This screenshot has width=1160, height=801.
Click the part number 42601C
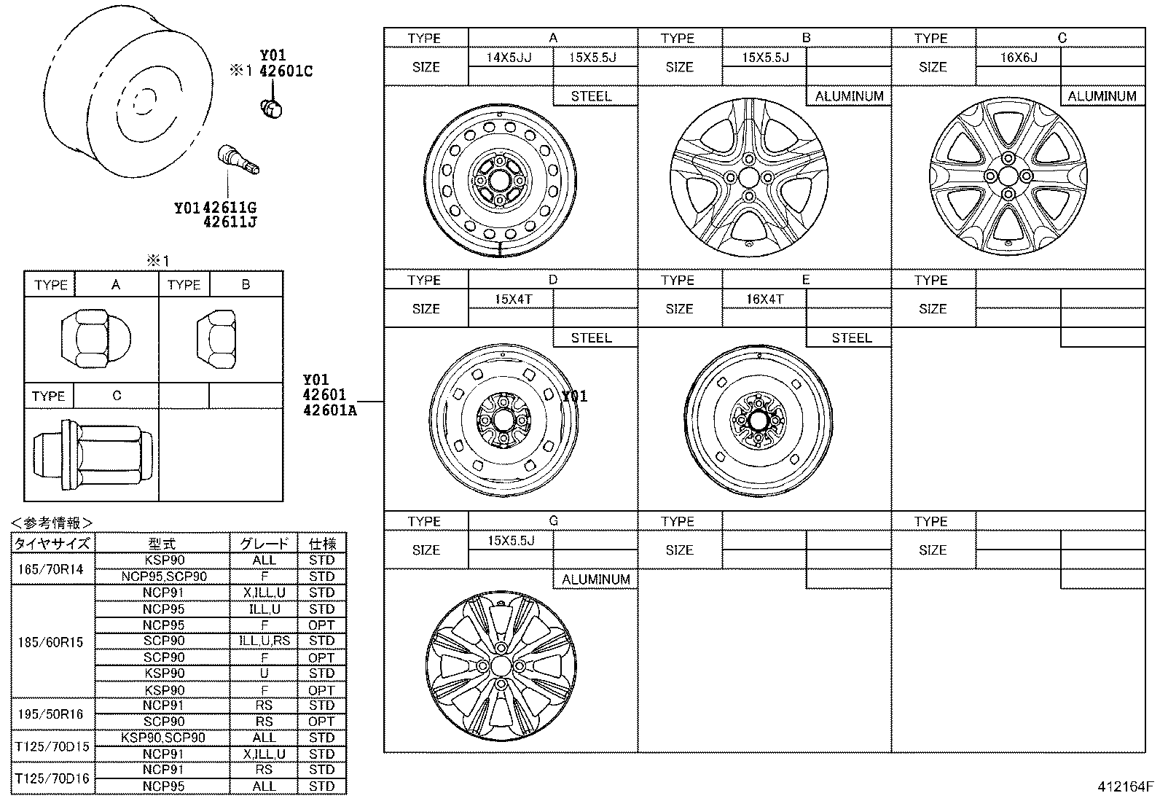[286, 71]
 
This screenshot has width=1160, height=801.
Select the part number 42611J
[230, 222]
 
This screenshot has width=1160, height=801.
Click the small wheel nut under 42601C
[271, 109]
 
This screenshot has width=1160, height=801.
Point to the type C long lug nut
[93, 454]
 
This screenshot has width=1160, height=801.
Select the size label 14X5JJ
[509, 58]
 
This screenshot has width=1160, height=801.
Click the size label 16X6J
[1018, 58]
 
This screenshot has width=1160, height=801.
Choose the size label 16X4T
[764, 299]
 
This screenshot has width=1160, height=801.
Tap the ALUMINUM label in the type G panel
[595, 579]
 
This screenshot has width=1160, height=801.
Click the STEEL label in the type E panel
[851, 338]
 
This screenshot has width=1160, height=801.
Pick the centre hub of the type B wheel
[748, 177]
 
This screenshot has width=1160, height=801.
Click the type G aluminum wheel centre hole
[501, 666]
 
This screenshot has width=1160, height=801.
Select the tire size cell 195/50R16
[51, 714]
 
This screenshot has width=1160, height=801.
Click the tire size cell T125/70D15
[51, 746]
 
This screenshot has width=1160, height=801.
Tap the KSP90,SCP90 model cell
[163, 738]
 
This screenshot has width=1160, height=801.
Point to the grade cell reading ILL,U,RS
[264, 641]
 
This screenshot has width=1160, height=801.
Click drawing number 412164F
[1126, 787]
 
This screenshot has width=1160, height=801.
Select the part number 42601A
[329, 410]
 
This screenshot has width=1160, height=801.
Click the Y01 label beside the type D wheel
[574, 396]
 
